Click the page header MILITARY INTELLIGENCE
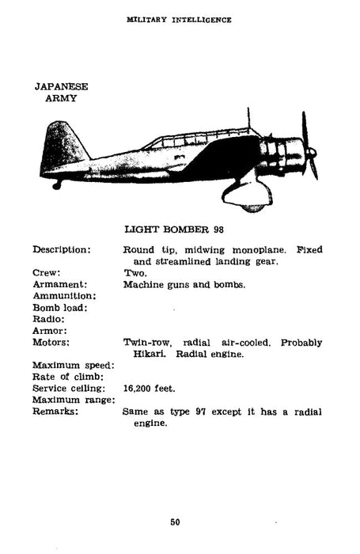180,20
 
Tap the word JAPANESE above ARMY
62,86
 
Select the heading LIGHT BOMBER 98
177,230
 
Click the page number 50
175,521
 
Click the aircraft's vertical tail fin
61,146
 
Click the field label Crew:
48,273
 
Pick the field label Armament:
59,284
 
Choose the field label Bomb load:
60,307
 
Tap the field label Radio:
50,319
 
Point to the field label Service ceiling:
69,389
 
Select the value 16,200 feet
149,389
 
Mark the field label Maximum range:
72,400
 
